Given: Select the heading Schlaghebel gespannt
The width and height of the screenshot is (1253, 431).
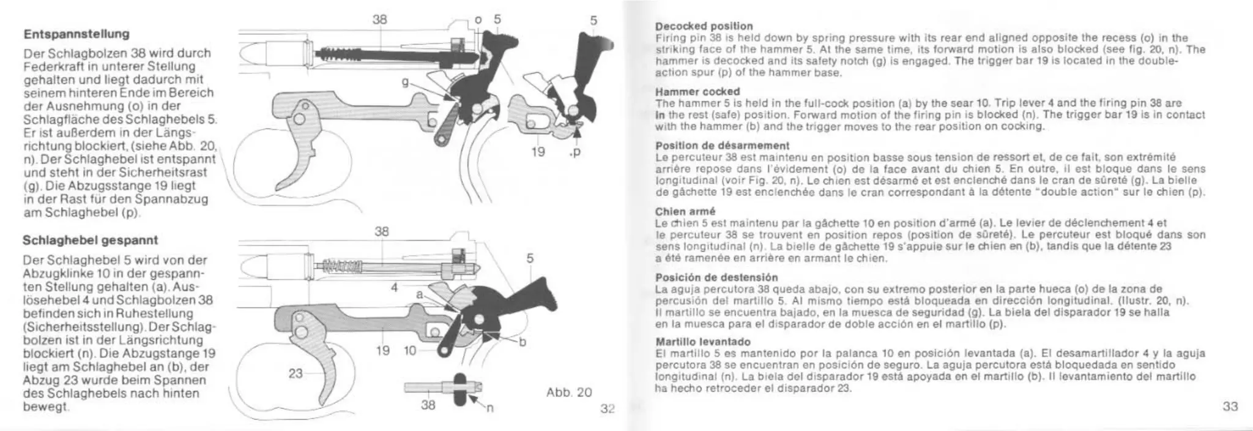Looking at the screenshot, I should (90, 239).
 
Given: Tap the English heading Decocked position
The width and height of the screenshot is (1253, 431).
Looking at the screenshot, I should (704, 26).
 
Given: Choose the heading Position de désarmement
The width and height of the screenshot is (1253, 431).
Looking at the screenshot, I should (722, 146).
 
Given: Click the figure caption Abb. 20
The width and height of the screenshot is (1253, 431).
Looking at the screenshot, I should (568, 392).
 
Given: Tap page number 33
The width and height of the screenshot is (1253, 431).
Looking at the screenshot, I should (1230, 407).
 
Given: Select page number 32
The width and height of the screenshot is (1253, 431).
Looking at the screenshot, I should (606, 409).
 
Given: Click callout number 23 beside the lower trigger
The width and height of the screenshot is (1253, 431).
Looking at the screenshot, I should (296, 373).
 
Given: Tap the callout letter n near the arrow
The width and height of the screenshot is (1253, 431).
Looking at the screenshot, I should (489, 410).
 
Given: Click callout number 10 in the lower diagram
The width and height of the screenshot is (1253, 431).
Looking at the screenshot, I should (411, 351).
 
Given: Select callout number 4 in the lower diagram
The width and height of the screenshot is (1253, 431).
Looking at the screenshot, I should (395, 287).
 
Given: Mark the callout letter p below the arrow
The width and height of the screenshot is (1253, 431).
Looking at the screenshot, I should (575, 152).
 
